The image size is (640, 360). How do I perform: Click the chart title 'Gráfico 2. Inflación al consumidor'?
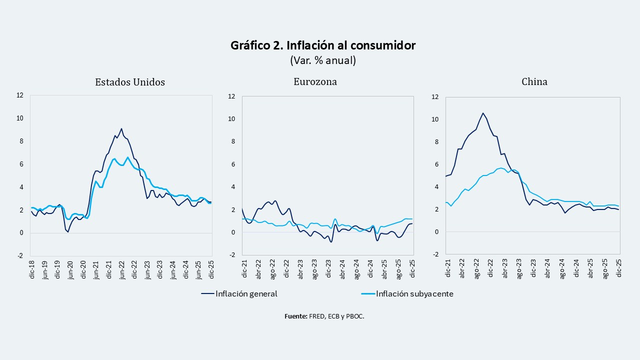pos(322,45)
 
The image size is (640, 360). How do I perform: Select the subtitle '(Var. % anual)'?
pos(322,60)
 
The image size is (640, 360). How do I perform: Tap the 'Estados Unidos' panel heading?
pos(130,82)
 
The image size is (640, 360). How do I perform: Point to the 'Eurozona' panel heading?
pos(315,82)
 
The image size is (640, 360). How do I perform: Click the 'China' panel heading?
pos(534,82)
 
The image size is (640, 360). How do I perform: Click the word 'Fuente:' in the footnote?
pos(296,316)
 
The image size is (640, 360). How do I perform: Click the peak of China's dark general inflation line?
pos(483,113)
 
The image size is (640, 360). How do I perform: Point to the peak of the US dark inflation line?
pos(121,128)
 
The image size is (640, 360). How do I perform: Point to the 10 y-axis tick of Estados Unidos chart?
pos(20,118)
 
